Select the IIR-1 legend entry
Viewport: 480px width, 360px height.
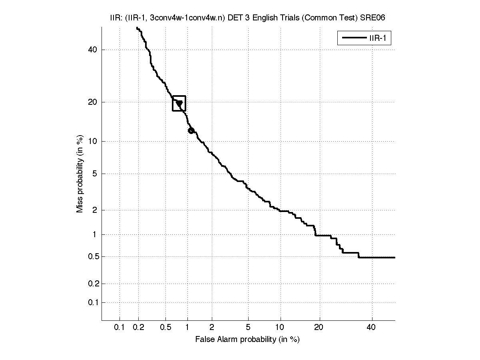tap(364, 38)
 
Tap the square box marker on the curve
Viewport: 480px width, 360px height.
tap(179, 103)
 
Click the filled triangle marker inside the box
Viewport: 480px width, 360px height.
tap(179, 104)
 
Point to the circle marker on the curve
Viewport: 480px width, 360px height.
tap(191, 130)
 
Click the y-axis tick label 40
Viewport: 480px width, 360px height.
tap(92, 50)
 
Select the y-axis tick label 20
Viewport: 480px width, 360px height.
tap(92, 102)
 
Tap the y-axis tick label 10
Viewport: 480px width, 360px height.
tap(92, 141)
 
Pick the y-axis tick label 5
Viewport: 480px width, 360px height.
tap(94, 174)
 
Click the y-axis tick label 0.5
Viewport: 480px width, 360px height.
tap(91, 256)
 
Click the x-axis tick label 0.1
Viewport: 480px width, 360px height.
tap(120, 328)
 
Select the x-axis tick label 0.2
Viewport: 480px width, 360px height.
tap(139, 328)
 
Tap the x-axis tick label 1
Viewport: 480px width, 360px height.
tap(187, 328)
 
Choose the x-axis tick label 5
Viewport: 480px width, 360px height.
tap(248, 328)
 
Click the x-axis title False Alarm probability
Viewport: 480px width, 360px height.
tap(247, 340)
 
